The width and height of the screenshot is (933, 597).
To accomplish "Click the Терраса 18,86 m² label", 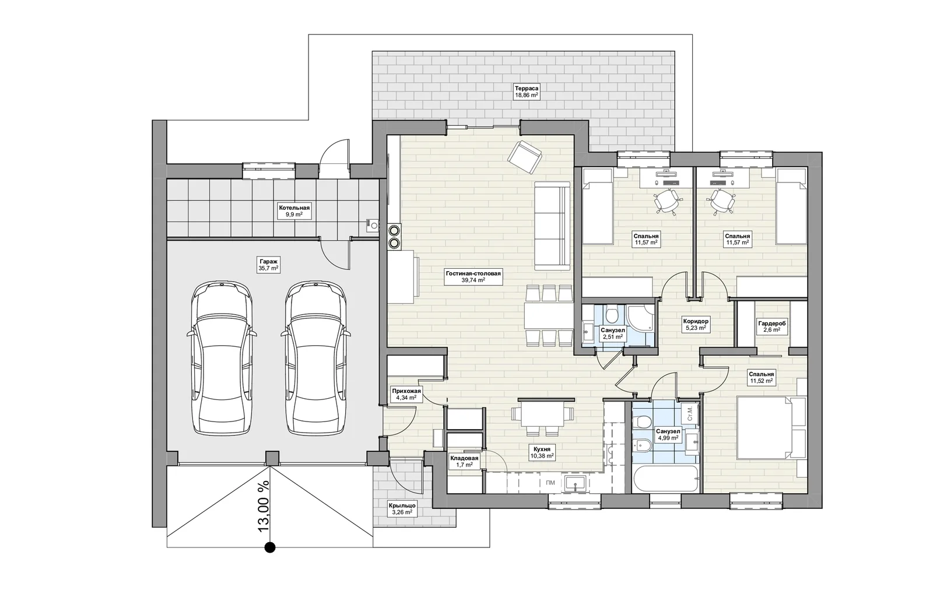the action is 527,92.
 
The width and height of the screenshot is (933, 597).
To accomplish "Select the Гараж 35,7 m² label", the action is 268,264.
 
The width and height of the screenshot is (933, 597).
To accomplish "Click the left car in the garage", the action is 222,359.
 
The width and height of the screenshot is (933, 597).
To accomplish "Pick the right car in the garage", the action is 315,359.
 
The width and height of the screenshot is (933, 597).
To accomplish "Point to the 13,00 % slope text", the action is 264,507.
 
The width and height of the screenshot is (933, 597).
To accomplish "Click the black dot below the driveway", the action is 270,547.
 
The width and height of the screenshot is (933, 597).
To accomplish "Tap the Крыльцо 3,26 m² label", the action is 402,509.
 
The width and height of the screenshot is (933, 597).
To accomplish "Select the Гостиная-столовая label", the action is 473,273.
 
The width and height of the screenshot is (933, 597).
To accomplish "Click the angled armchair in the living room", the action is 525,157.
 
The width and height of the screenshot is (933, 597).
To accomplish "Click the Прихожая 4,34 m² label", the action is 406,394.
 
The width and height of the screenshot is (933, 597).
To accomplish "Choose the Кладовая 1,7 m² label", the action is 464,461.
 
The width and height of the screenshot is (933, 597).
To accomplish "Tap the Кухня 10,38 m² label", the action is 542,452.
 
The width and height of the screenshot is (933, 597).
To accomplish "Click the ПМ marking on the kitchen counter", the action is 550,483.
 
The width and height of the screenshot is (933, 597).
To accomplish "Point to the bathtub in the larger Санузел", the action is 666,479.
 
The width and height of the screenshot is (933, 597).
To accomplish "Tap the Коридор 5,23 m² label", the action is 696,325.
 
